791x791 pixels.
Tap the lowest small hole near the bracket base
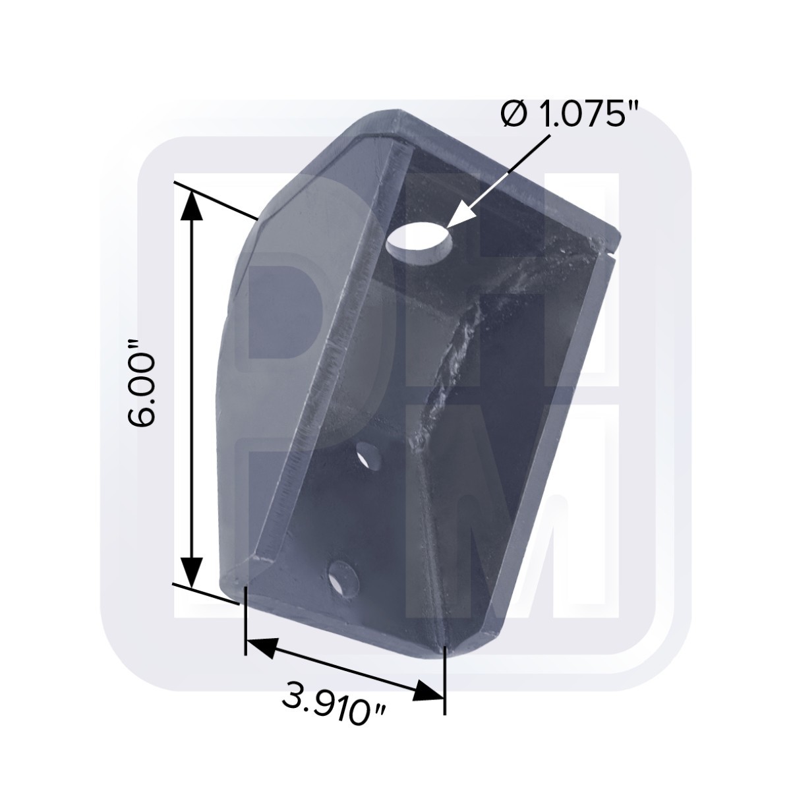pos(343,579)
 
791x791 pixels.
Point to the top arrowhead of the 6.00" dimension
pos(192,207)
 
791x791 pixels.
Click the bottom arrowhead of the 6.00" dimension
pos(192,571)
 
